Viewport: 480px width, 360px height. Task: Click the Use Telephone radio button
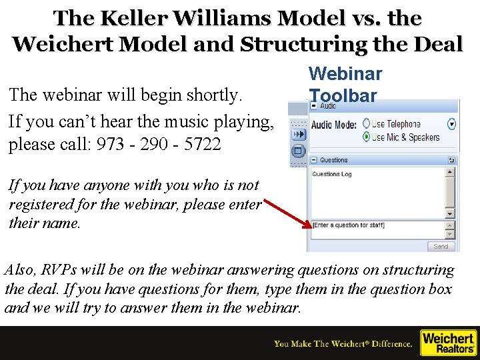pyautogui.click(x=366, y=124)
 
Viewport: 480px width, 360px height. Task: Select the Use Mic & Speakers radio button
pyautogui.click(x=366, y=137)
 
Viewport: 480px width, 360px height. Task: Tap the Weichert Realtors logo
pyautogui.click(x=448, y=343)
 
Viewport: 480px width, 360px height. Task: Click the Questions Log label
pyautogui.click(x=332, y=175)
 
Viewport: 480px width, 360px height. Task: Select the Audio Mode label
pyautogui.click(x=334, y=125)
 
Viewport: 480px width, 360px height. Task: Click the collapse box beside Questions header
pyautogui.click(x=314, y=160)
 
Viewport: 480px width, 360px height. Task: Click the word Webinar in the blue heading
pyautogui.click(x=345, y=74)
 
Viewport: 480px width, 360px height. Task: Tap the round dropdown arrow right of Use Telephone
pyautogui.click(x=452, y=124)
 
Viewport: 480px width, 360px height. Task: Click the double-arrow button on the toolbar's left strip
pyautogui.click(x=298, y=133)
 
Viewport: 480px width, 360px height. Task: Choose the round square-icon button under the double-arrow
pyautogui.click(x=298, y=150)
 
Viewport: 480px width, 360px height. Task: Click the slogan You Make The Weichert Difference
pyautogui.click(x=343, y=344)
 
